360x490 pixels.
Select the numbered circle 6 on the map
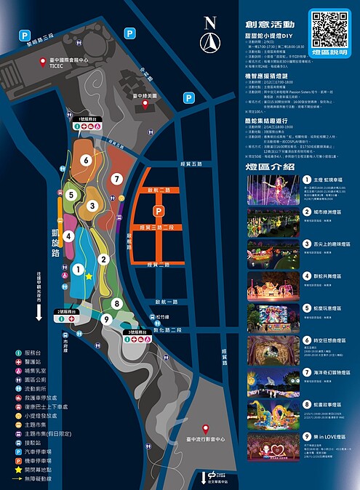pos(86,161)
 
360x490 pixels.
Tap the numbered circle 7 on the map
pos(116,179)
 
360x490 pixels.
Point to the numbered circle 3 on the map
pos(92,206)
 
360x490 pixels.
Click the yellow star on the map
pos(89,276)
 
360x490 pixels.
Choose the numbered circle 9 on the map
pos(105,318)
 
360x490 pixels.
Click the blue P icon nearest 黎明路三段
pos(24,35)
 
